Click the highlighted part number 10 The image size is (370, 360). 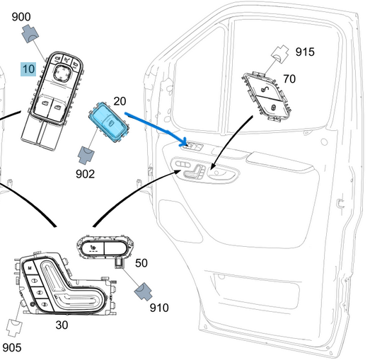[28, 69]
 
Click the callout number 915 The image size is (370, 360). [305, 52]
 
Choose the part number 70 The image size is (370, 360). [289, 79]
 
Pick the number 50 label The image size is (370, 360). [141, 262]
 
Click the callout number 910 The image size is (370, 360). [159, 308]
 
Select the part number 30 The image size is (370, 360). [62, 325]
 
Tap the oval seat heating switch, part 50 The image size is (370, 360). [103, 248]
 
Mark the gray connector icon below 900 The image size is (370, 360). [31, 33]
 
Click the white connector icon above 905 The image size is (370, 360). [14, 325]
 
